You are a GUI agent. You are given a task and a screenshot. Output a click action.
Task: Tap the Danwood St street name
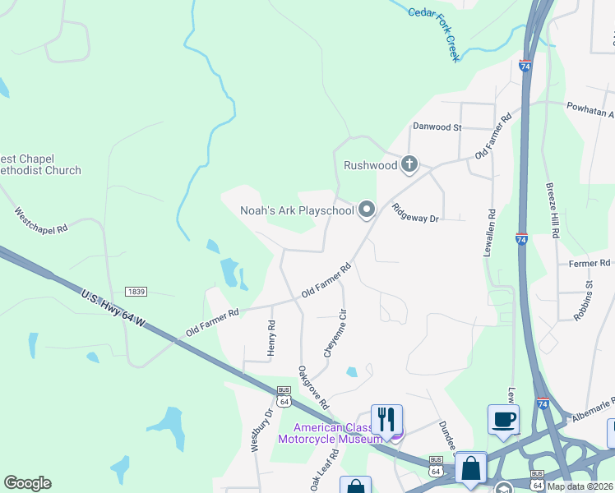[x=437, y=127]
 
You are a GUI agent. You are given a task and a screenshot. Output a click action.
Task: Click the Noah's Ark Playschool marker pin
[x=367, y=210]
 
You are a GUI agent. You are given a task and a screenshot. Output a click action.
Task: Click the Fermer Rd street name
[x=590, y=263]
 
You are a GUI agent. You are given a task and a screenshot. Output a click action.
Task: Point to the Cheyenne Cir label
[x=334, y=332]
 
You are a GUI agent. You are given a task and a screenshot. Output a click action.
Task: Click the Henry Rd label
[x=271, y=338]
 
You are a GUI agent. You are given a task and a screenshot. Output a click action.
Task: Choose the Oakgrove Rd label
[x=313, y=388]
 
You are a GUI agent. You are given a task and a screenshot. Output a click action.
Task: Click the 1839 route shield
[x=136, y=292]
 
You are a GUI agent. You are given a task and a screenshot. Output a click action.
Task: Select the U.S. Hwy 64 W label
[x=113, y=308]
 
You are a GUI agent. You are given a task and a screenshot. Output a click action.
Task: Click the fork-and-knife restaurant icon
[x=386, y=418]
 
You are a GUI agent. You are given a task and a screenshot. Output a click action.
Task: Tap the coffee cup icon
[x=503, y=418]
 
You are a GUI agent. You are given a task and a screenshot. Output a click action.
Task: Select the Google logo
[x=27, y=483]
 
